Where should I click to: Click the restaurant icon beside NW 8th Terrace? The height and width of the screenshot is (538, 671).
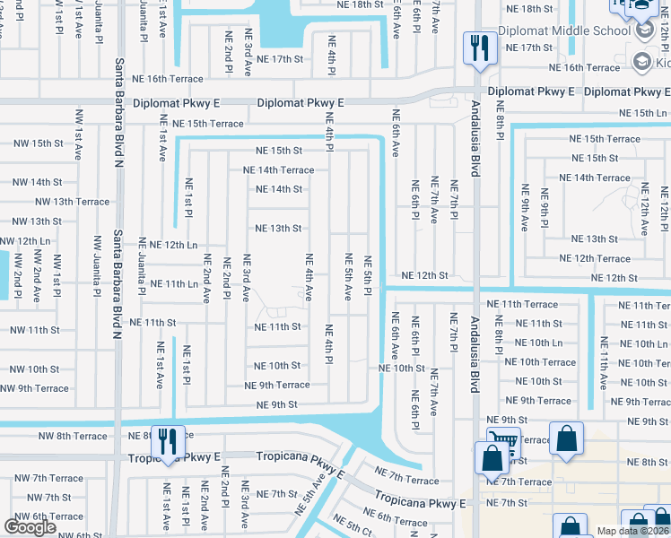coord(168,440)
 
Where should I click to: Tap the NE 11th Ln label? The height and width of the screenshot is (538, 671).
coord(168,283)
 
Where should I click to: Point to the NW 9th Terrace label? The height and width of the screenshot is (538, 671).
coord(34,388)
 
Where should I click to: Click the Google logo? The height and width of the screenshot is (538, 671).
coord(30,527)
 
